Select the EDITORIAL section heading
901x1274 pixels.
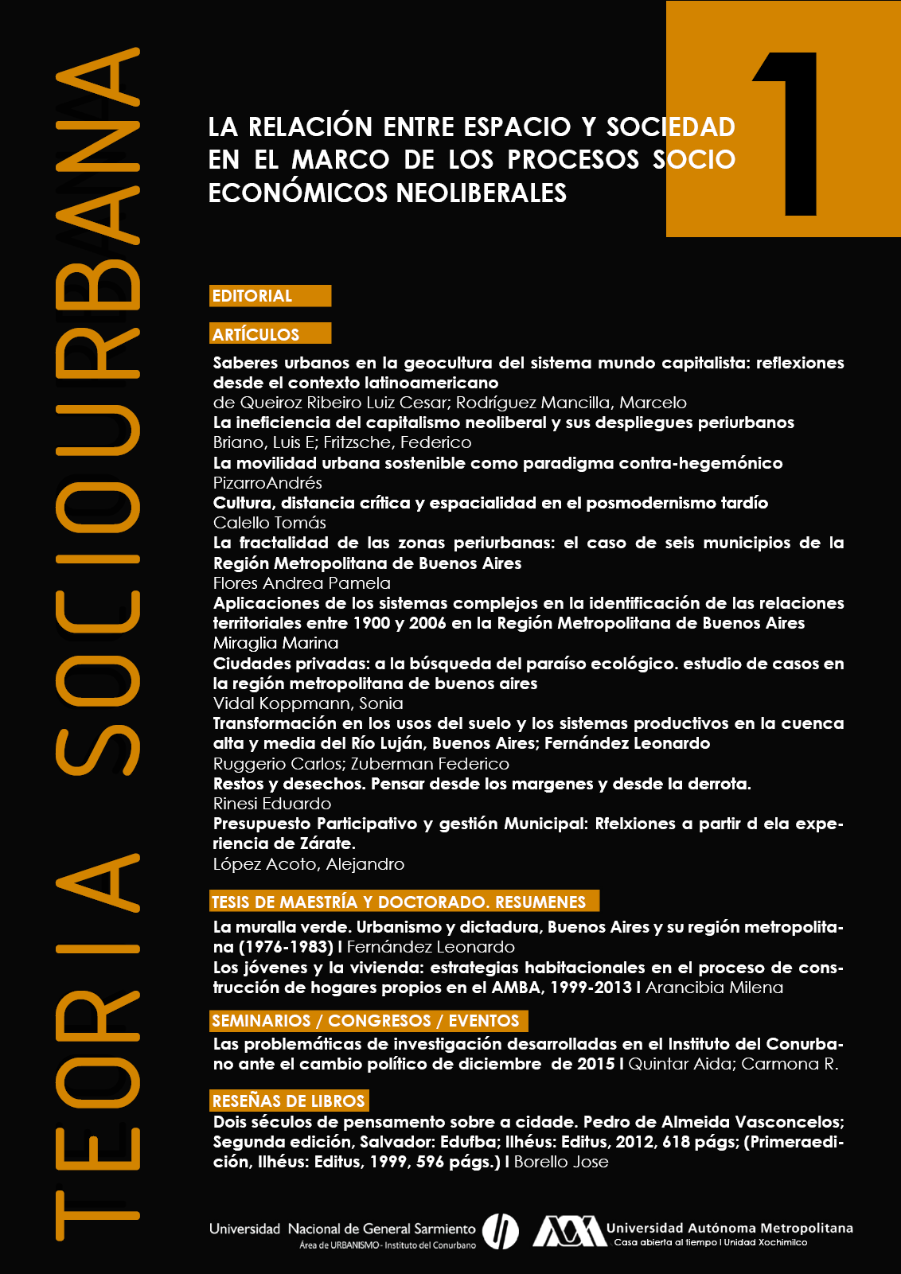[x=252, y=296]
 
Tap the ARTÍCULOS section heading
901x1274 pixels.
[x=256, y=334]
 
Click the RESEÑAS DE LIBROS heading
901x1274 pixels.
[x=288, y=1101]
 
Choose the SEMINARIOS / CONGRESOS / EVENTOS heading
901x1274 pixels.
[x=365, y=1021]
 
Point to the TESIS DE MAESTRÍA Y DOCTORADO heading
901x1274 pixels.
[x=399, y=902]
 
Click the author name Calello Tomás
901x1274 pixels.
[x=270, y=523]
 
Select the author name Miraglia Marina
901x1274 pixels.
[x=275, y=643]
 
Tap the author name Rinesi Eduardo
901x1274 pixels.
[x=272, y=804]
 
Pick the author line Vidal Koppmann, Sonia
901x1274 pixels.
[x=308, y=703]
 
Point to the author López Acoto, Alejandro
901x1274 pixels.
[x=309, y=864]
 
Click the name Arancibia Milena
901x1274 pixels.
[x=714, y=988]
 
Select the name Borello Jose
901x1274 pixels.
[x=561, y=1162]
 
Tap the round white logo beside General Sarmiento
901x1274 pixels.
[x=501, y=1231]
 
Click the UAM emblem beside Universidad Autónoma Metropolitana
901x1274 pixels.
[x=568, y=1230]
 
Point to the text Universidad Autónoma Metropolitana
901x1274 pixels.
[x=729, y=1228]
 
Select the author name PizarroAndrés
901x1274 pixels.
[x=267, y=483]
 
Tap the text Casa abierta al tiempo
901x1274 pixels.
[x=665, y=1242]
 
